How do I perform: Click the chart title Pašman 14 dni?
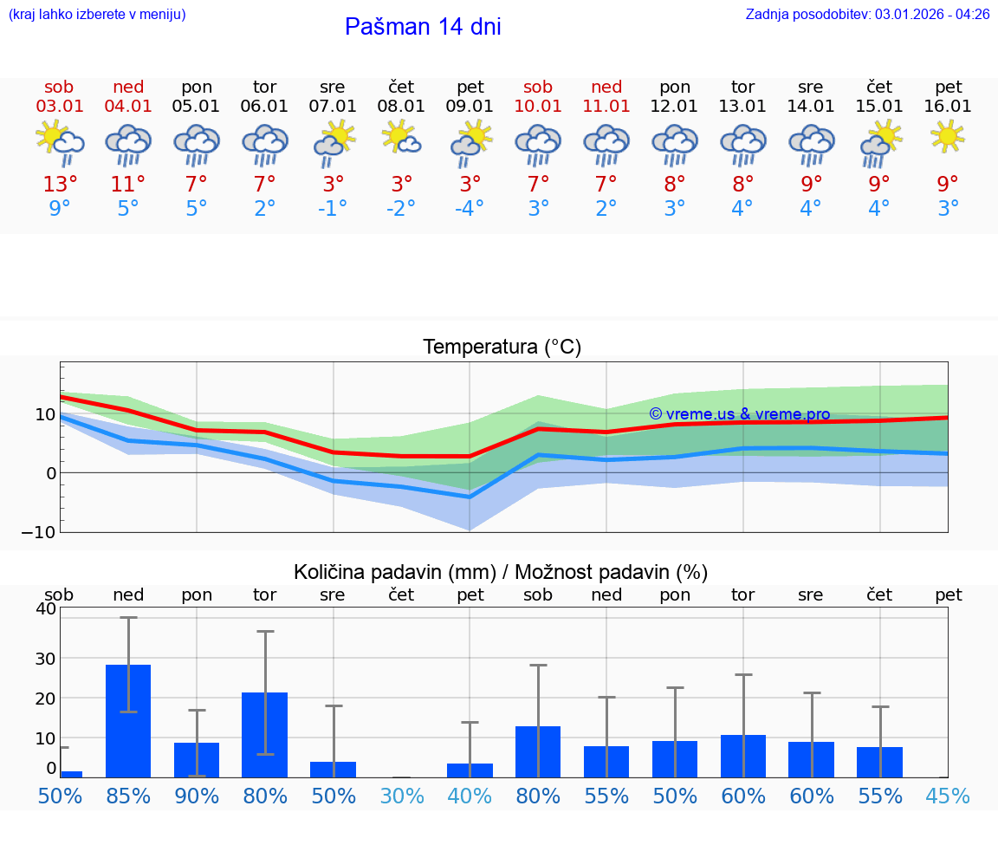(x=423, y=27)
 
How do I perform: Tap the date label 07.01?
(x=333, y=107)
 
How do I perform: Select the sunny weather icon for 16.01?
(x=948, y=136)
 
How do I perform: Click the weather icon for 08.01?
(x=401, y=137)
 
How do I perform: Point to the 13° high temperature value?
(x=60, y=184)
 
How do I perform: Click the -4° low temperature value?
(x=470, y=209)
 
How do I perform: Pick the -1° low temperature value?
(x=333, y=209)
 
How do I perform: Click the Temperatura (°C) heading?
(x=502, y=348)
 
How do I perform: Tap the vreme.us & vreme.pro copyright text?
(x=739, y=414)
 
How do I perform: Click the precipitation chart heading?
(x=501, y=572)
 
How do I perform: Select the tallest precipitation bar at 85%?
(x=128, y=720)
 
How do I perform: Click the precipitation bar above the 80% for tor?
(x=264, y=734)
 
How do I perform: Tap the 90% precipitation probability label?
(x=197, y=796)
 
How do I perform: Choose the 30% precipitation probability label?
(x=401, y=796)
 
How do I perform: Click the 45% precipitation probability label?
(x=948, y=796)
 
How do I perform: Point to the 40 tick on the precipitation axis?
(x=45, y=608)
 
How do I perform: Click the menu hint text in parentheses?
(x=97, y=15)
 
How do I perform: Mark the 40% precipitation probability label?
(x=470, y=796)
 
